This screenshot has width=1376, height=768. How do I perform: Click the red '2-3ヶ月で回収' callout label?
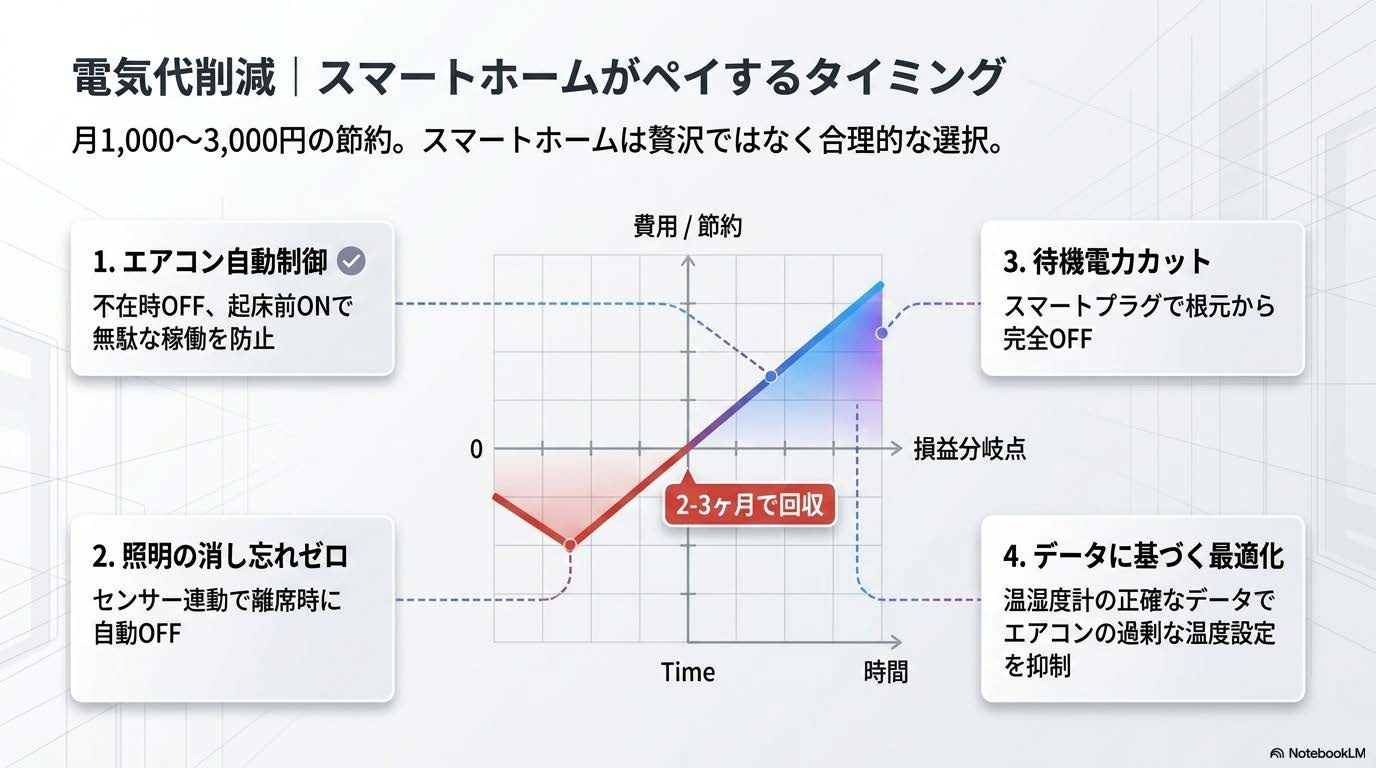coord(749,505)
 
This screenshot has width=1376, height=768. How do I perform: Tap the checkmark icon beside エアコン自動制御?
coord(351,262)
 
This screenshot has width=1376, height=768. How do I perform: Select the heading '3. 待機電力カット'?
coord(1107,262)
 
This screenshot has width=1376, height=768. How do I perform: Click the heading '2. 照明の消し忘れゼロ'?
coord(221,555)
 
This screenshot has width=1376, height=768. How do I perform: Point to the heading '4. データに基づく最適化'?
coord(1143,555)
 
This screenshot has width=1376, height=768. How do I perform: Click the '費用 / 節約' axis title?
coord(688,228)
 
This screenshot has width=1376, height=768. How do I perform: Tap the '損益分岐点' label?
coord(969,450)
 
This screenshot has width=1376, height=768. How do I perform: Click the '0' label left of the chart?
coord(476,450)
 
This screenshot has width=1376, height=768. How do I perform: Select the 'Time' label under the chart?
coord(688,672)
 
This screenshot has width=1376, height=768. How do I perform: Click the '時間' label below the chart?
coord(885,672)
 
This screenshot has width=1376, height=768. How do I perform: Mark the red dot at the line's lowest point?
coord(570,545)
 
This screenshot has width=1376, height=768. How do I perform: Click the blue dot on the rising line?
coord(770,376)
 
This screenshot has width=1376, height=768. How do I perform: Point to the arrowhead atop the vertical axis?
coord(688,262)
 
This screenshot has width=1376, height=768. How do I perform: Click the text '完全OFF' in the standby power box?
coord(1047,338)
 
